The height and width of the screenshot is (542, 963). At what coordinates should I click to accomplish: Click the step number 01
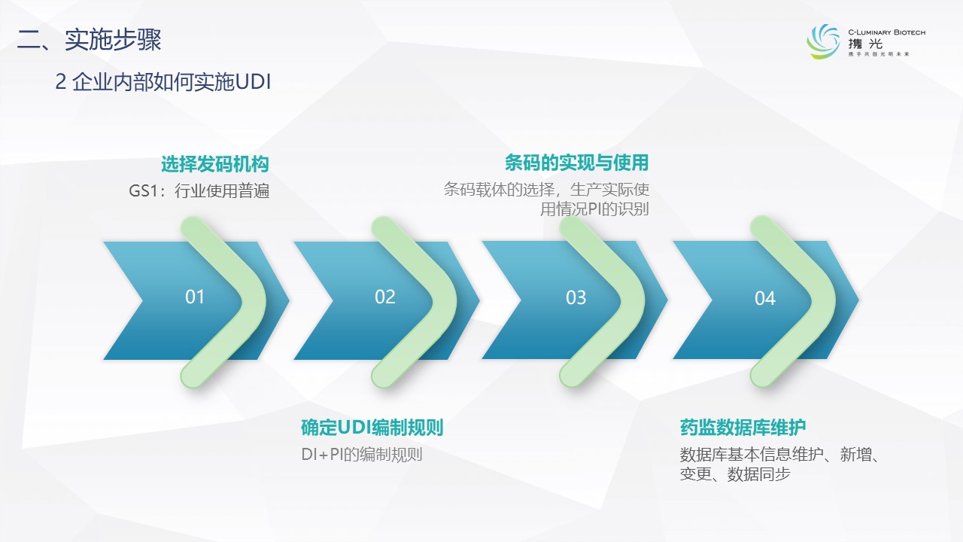[195, 297]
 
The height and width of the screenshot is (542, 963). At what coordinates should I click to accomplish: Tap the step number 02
[384, 297]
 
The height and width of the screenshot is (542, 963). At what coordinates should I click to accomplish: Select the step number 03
[576, 297]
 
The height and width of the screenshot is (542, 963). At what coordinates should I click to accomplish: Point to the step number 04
[765, 298]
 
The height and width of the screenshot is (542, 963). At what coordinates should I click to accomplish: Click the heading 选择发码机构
[215, 164]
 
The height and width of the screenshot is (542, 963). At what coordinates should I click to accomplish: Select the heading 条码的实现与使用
[576, 163]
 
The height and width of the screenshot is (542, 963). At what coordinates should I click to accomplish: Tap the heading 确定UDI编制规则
[372, 427]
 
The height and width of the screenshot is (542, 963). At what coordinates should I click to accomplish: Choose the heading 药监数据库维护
[743, 427]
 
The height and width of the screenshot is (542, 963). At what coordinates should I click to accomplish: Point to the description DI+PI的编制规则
[362, 454]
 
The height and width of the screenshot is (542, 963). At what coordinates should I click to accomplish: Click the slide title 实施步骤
[113, 40]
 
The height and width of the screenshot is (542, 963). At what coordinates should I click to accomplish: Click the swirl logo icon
[823, 41]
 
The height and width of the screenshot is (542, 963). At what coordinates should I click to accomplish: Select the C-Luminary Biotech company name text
[886, 32]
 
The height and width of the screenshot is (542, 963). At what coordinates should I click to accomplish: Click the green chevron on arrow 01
[254, 301]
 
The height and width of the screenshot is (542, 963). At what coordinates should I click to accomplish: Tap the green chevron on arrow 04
[823, 301]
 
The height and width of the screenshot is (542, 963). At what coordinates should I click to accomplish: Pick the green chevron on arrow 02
[444, 301]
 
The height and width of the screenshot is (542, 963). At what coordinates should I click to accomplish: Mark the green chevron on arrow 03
[633, 301]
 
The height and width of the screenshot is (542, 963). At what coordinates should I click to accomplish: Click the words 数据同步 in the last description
[759, 474]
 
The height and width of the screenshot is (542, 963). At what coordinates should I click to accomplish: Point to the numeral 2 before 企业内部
[61, 82]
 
